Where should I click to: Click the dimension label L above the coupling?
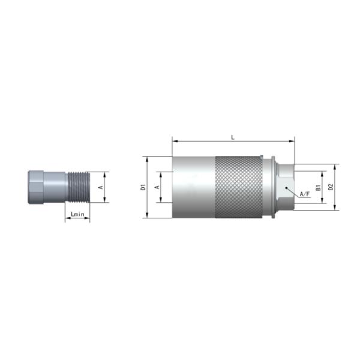[233, 137]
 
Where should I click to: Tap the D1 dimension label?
[143, 187]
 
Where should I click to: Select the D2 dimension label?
[331, 187]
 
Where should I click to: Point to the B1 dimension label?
[318, 187]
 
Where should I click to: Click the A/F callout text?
[305, 194]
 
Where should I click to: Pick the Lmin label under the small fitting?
[77, 214]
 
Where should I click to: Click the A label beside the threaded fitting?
[101, 187]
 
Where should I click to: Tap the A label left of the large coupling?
[157, 187]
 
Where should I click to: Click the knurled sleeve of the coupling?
[239, 187]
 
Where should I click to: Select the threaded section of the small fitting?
[79, 187]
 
